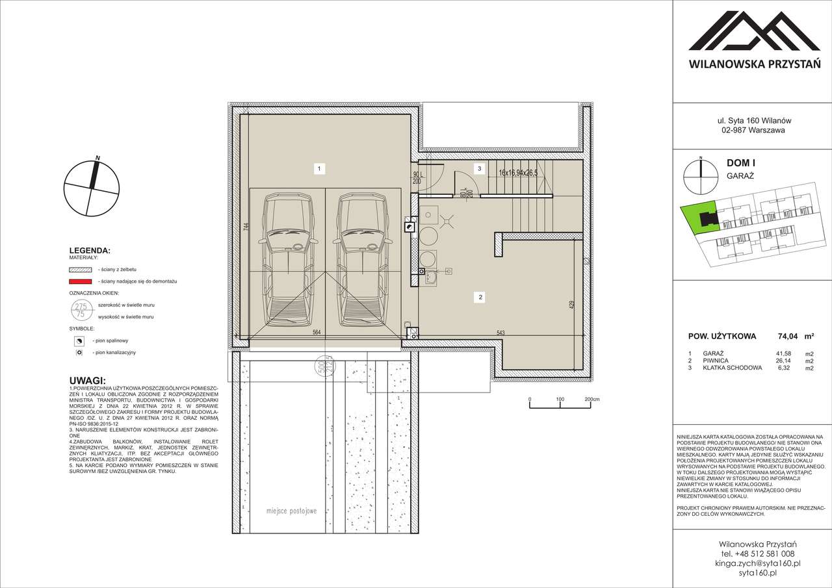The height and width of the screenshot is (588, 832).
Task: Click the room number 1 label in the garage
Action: pyautogui.click(x=318, y=169)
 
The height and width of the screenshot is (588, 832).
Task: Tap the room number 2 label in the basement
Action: pyautogui.click(x=480, y=298)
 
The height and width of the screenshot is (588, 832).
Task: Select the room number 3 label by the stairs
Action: pyautogui.click(x=479, y=169)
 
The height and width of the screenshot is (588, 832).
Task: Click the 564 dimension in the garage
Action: pyautogui.click(x=316, y=332)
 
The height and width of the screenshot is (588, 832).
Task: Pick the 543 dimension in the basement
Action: pyautogui.click(x=500, y=333)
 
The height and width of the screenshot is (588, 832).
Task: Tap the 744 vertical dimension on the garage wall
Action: pyautogui.click(x=246, y=227)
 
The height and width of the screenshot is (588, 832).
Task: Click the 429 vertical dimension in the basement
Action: pyautogui.click(x=571, y=305)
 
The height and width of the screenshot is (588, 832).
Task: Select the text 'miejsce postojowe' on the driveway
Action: pyautogui.click(x=291, y=511)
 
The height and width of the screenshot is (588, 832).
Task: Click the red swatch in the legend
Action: pyautogui.click(x=80, y=281)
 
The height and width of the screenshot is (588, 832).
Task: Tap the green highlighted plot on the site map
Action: pyautogui.click(x=698, y=218)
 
